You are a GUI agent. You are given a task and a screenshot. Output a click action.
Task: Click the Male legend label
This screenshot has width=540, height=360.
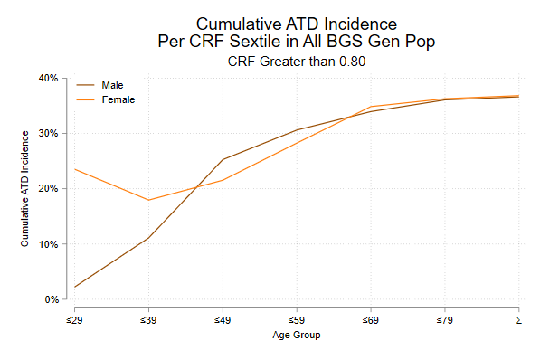pyautogui.click(x=113, y=84)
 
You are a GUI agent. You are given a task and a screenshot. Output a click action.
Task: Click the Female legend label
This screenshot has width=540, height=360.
pyautogui.click(x=118, y=99)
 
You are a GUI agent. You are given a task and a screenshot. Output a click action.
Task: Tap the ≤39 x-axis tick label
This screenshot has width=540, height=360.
pyautogui.click(x=148, y=320)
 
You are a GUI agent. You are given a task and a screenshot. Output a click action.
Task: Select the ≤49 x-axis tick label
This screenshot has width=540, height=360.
pyautogui.click(x=223, y=320)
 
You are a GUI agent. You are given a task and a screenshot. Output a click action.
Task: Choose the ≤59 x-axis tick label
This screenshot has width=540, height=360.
pyautogui.click(x=297, y=320)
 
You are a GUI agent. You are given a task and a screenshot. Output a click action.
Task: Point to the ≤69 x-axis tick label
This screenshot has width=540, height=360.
pyautogui.click(x=371, y=320)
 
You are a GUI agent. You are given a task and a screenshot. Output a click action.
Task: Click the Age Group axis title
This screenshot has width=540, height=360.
pyautogui.click(x=297, y=336)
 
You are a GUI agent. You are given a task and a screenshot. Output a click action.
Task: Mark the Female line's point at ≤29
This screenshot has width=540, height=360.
pyautogui.click(x=74, y=169)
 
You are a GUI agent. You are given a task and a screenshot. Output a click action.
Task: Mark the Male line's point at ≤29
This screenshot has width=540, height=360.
pyautogui.click(x=74, y=287)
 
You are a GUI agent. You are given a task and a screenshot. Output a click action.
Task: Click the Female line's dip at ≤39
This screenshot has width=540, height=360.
pyautogui.click(x=148, y=200)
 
